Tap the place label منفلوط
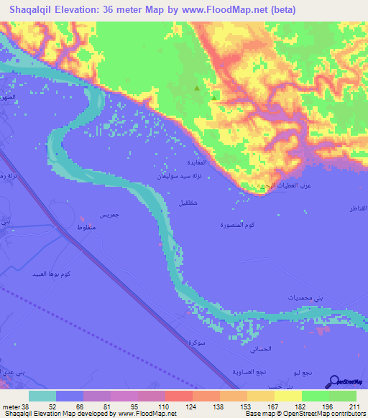91,228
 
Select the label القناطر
356,208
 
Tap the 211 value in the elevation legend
353,406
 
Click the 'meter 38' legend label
14,406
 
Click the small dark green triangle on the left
197,89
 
